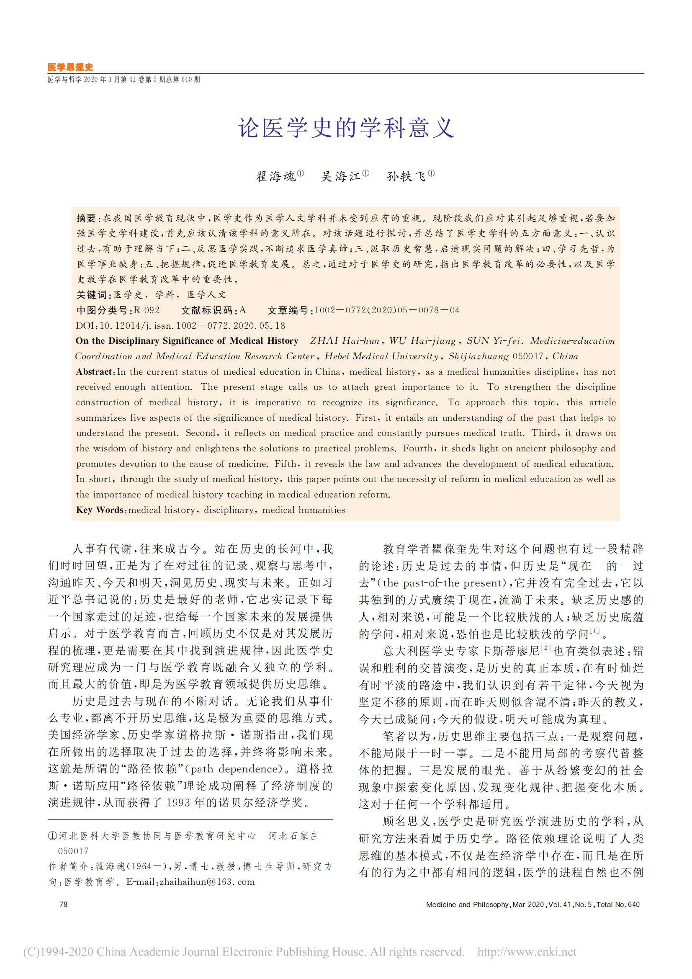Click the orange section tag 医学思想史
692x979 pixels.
(70, 67)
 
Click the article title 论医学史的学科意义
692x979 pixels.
(346, 127)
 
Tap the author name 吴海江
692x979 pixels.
(341, 176)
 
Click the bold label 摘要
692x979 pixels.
(87, 218)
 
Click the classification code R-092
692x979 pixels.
(147, 310)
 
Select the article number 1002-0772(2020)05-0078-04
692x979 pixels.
(387, 310)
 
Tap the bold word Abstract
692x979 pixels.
(94, 372)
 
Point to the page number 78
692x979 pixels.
(64, 904)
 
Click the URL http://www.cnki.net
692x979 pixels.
(527, 952)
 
